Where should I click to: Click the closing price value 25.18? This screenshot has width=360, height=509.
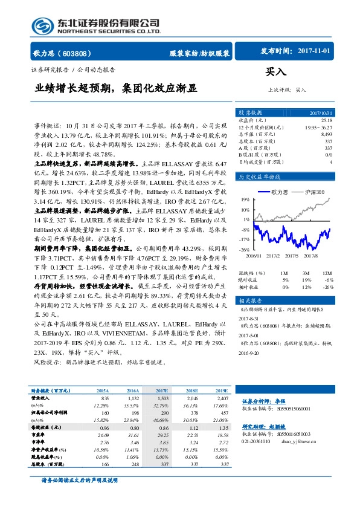[x=326, y=120]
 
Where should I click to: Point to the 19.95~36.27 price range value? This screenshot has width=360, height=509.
[x=318, y=128]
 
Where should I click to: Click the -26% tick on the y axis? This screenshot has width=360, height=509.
[x=243, y=249]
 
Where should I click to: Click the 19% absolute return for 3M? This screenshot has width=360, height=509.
[x=306, y=280]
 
